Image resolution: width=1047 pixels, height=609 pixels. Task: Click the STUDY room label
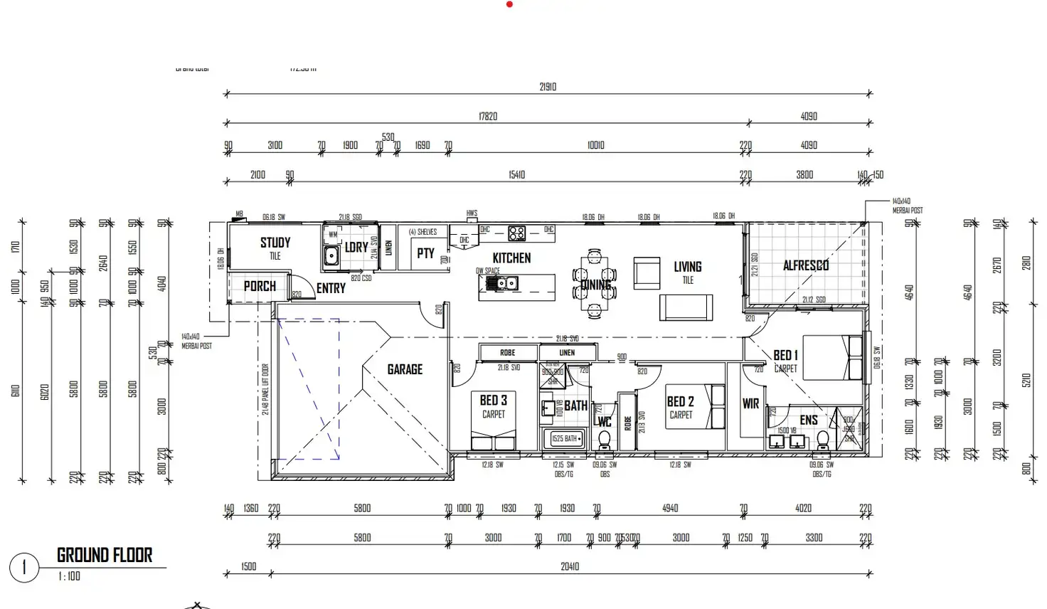pyautogui.click(x=275, y=243)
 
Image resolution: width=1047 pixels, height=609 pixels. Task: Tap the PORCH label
pyautogui.click(x=260, y=286)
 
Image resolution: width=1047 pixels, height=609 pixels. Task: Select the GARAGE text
pyautogui.click(x=405, y=369)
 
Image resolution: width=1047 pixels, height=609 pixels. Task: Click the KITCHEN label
pyautogui.click(x=511, y=258)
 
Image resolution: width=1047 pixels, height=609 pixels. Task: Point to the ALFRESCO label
pyautogui.click(x=806, y=265)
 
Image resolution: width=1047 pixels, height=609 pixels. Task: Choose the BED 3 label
pyautogui.click(x=493, y=401)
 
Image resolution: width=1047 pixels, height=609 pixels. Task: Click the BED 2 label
pyautogui.click(x=680, y=402)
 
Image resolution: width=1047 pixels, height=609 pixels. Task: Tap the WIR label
pyautogui.click(x=750, y=403)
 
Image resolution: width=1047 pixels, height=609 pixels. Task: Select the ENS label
pyautogui.click(x=809, y=420)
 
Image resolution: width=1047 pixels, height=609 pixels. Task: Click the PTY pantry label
pyautogui.click(x=425, y=253)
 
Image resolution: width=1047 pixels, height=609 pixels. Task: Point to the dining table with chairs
pyautogui.click(x=594, y=284)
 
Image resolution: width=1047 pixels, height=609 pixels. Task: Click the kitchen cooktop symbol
pyautogui.click(x=516, y=233)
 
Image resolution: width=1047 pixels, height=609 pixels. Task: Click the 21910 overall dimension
pyautogui.click(x=548, y=87)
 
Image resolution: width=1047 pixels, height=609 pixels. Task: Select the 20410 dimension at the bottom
pyautogui.click(x=570, y=567)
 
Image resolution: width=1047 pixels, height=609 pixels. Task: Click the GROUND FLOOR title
pyautogui.click(x=105, y=555)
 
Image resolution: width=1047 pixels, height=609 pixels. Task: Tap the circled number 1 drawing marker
pyautogui.click(x=24, y=568)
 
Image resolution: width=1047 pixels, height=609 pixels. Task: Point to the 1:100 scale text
pyautogui.click(x=69, y=577)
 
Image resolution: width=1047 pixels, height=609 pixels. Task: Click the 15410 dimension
pyautogui.click(x=517, y=175)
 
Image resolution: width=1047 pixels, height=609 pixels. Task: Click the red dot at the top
pyautogui.click(x=509, y=4)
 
